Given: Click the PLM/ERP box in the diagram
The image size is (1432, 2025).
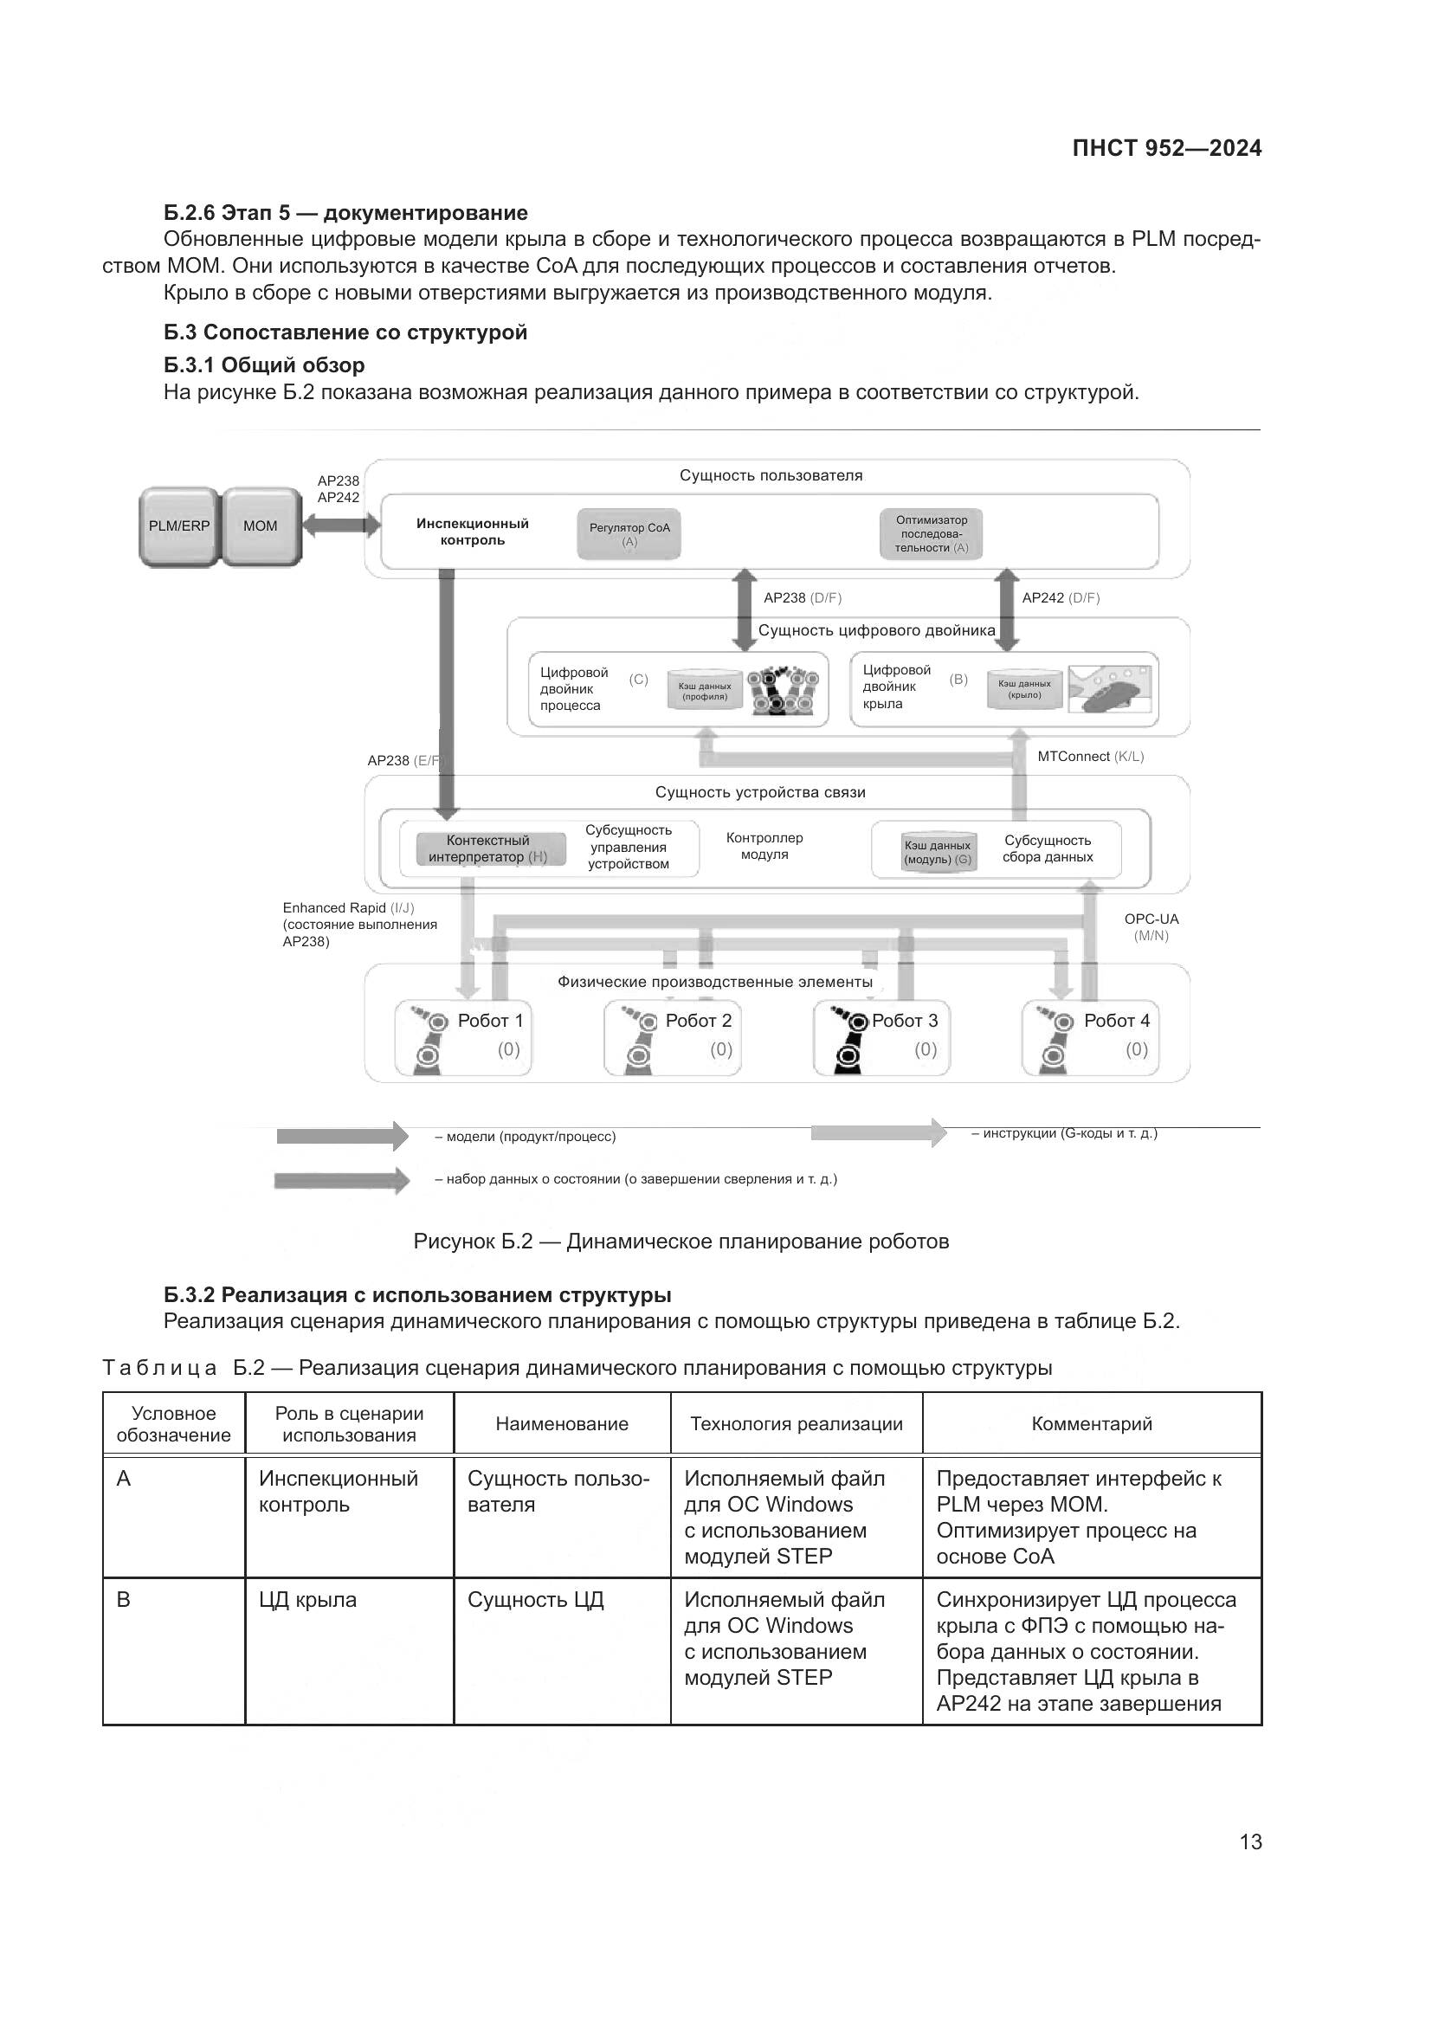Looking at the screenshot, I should coord(179,526).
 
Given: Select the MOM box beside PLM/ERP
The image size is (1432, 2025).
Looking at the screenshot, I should coord(261,526).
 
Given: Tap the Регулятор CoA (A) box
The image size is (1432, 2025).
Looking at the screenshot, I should coord(629,533).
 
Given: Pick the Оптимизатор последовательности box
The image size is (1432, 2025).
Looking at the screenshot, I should coord(932,533).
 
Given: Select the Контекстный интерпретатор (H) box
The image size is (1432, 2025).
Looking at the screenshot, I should coord(487,848).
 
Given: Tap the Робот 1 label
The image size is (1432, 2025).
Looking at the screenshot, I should coord(490,1021).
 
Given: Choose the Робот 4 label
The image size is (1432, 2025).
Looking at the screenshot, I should coord(1116,1021).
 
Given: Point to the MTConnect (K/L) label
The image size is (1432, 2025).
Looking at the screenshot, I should coord(1090,757).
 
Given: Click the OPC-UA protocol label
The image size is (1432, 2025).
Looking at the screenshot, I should coord(1151,919).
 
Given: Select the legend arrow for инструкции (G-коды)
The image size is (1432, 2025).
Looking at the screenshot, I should coord(878,1132).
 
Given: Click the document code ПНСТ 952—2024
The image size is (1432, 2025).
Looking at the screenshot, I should coord(1165,148).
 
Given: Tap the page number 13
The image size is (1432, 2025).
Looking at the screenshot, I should coord(1249,1841).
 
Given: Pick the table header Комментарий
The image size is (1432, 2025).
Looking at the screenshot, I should coord(1091,1423).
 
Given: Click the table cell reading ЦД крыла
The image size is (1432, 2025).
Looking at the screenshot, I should coord(307,1600).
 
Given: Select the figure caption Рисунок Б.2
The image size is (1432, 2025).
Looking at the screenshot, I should coord(681,1241).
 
